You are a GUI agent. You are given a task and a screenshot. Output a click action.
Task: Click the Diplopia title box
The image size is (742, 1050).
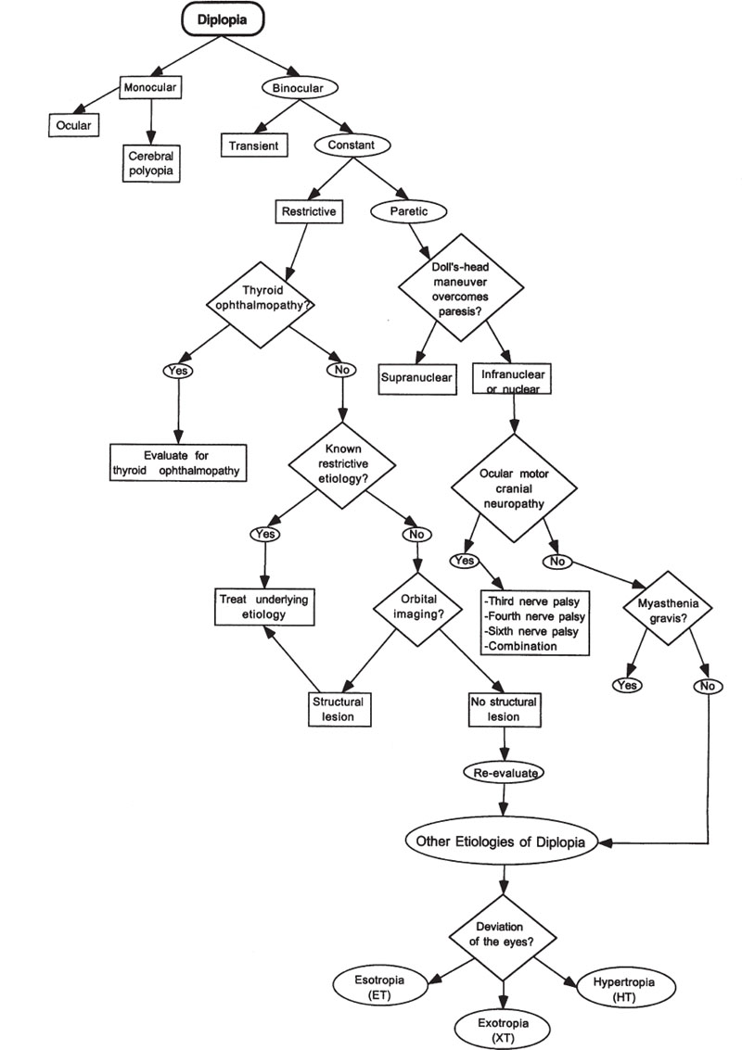(224, 16)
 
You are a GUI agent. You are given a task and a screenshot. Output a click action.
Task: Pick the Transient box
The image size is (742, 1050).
(249, 145)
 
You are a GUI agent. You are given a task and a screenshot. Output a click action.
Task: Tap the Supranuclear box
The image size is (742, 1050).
(417, 378)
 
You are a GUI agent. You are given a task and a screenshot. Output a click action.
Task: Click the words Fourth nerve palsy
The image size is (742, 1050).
(532, 616)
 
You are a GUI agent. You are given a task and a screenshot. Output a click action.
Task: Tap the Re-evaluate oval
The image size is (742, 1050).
(503, 771)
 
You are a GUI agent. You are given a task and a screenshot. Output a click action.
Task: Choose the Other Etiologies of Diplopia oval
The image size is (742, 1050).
(503, 841)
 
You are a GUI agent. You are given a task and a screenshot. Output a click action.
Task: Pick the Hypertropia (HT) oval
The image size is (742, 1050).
(620, 987)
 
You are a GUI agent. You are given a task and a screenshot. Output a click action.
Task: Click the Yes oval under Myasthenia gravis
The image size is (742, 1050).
(627, 685)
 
